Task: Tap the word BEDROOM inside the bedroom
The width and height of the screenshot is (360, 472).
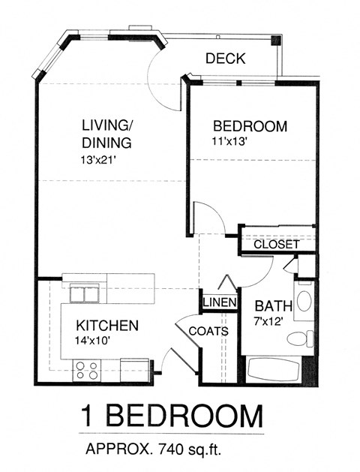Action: coord(249,126)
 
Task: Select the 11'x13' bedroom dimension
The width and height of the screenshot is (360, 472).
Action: coord(229,140)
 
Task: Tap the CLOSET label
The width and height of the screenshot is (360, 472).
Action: coord(276,245)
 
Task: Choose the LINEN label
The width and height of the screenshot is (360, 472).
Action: coord(220,302)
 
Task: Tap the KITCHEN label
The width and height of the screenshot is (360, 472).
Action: coord(107,325)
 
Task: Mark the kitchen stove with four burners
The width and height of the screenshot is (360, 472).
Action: coord(86,368)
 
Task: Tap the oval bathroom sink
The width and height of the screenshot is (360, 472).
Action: coord(303,302)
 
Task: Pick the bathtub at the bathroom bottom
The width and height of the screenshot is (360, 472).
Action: coord(275,369)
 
